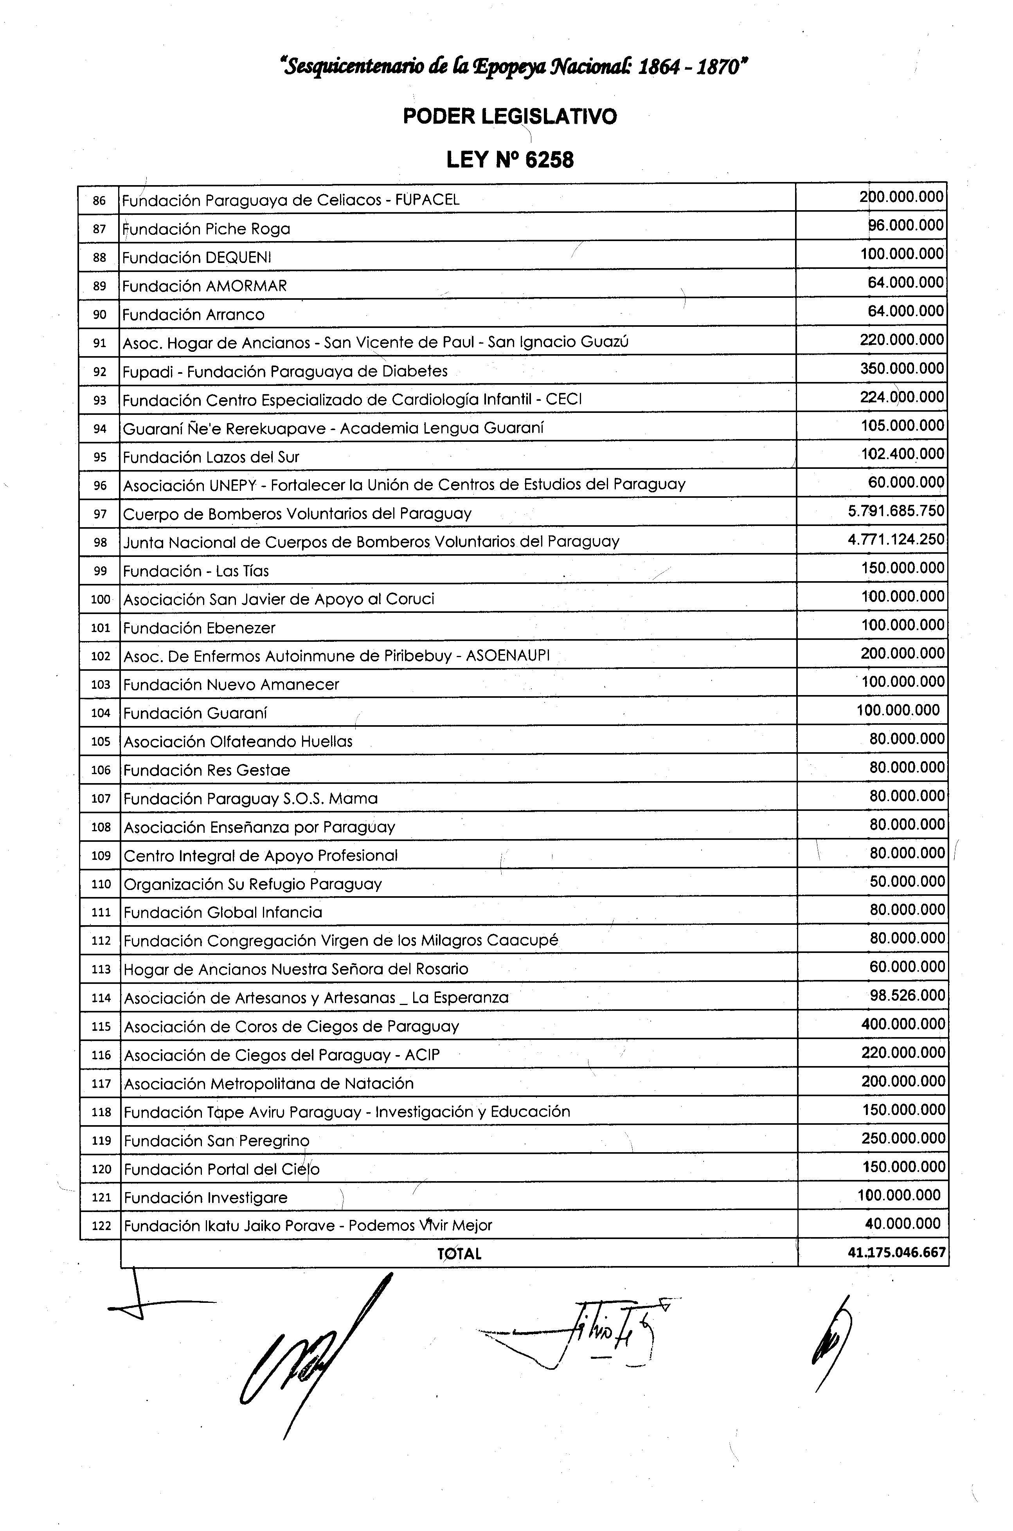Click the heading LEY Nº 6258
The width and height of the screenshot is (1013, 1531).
click(x=510, y=160)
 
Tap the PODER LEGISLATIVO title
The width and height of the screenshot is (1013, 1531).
click(x=510, y=117)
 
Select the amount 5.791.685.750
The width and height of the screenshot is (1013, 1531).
click(x=896, y=511)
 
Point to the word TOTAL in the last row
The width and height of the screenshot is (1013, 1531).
click(x=459, y=1254)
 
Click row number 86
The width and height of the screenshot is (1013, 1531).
click(x=99, y=200)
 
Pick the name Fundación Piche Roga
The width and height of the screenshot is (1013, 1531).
click(x=206, y=229)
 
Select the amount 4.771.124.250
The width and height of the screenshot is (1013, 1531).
click(x=896, y=539)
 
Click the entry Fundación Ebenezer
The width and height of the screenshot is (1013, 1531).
click(x=199, y=628)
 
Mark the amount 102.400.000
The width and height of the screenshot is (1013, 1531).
click(x=903, y=454)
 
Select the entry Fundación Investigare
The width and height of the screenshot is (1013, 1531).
click(x=205, y=1198)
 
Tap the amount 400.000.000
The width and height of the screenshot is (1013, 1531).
click(x=903, y=1024)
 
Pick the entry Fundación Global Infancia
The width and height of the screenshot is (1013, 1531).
click(x=223, y=912)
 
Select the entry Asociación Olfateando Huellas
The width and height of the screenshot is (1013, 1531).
click(x=238, y=742)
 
